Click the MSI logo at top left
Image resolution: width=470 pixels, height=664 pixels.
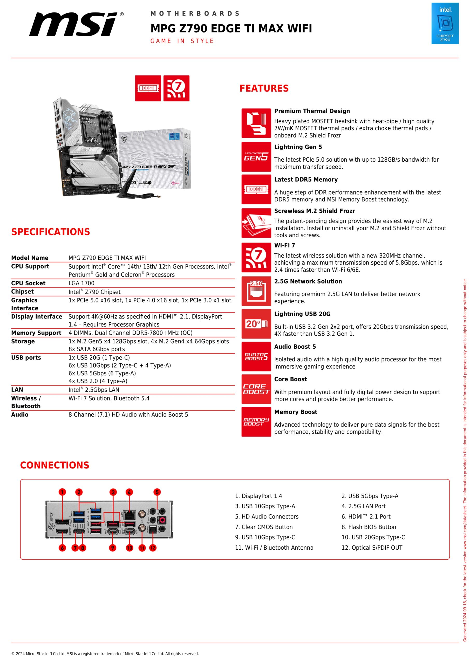pos(76,24)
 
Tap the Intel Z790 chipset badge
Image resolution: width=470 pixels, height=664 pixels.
pos(445,23)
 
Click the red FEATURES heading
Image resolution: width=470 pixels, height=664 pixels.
pos(264,88)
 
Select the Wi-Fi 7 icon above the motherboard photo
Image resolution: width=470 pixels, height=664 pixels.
pos(176,88)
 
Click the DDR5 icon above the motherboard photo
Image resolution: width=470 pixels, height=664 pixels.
pos(148,88)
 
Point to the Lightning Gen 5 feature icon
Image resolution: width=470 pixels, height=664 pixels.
pos(256,157)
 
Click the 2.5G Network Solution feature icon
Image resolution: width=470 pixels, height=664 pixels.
pos(256,291)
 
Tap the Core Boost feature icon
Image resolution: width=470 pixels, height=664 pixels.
pos(256,389)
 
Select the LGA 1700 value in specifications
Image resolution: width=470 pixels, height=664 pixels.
pos(81,283)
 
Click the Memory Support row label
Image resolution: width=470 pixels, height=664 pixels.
pos(36,333)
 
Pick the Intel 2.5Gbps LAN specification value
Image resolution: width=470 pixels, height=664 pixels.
pos(94,390)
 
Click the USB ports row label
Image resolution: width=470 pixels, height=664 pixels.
pos(26,357)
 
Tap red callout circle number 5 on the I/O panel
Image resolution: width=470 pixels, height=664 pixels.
pos(157,492)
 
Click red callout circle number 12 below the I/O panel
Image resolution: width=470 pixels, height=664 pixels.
pos(153,548)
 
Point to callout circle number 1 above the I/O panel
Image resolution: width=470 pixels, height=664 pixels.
pos(62,492)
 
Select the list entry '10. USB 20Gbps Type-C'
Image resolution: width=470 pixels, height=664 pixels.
pos(373,537)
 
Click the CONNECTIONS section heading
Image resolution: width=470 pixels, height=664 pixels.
pos(55,465)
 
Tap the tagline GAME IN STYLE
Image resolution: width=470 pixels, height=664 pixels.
pos(182,41)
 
